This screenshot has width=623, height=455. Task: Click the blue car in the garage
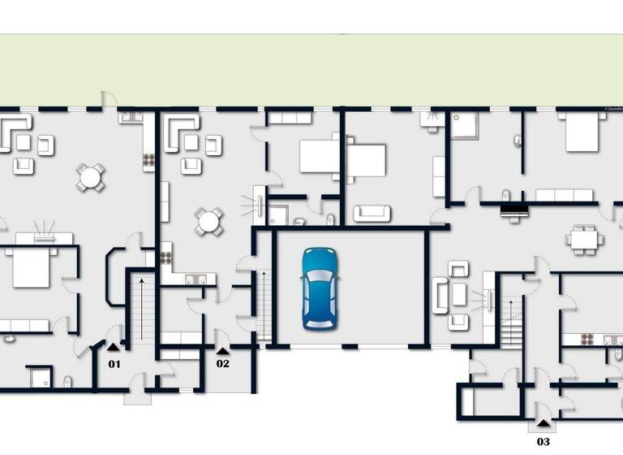321,288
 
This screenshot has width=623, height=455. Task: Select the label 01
114,363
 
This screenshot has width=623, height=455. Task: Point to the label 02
222,363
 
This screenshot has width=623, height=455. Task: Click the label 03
543,441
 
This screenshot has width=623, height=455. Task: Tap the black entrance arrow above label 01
114,350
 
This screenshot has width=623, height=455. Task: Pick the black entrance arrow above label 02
222,350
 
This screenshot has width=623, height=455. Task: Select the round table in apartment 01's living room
90,177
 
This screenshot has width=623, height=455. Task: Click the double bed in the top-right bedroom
586,132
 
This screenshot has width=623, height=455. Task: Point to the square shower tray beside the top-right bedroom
466,125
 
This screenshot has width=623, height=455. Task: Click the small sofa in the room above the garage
372,213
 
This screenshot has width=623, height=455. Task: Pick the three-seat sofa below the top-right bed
565,195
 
